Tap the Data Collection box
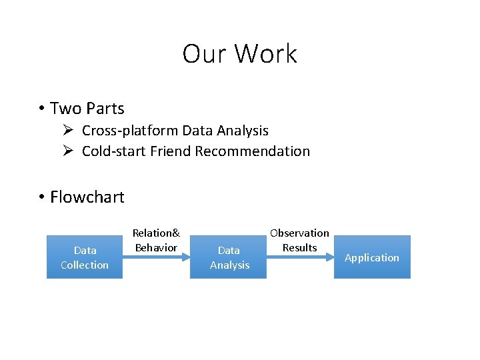[85, 257]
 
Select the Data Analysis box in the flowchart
[229, 257]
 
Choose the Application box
[372, 257]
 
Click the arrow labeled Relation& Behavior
[156, 257]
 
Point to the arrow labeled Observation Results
[299, 257]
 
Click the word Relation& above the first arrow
[156, 233]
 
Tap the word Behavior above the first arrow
[156, 248]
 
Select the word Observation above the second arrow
[299, 233]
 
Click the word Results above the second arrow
[299, 248]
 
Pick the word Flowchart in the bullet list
[87, 197]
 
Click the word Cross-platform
[130, 131]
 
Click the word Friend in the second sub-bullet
[171, 151]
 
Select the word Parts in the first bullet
[105, 109]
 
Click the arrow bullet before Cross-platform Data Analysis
[69, 131]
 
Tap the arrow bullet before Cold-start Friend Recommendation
[69, 151]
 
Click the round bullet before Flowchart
[41, 197]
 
